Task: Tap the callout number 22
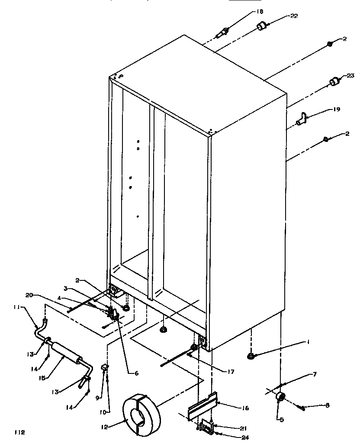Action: click(x=294, y=16)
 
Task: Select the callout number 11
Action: click(x=16, y=307)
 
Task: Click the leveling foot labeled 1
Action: click(x=251, y=356)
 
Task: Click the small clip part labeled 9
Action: click(x=104, y=368)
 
